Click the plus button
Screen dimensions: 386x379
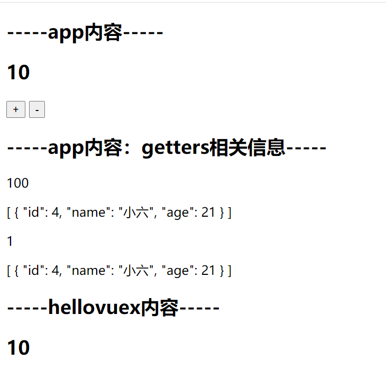coord(16,109)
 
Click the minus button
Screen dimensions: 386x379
coord(37,109)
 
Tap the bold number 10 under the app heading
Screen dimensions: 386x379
coord(18,72)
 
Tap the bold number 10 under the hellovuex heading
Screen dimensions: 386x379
coord(18,348)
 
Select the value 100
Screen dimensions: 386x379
coord(18,183)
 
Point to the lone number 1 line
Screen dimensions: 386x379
coord(10,242)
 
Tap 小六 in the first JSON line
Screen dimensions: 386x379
coord(134,212)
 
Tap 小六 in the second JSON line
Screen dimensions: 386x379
coord(134,271)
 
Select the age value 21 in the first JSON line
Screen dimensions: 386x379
coord(208,212)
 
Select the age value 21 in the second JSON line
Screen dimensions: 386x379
coord(208,271)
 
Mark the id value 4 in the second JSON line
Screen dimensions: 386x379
coord(56,271)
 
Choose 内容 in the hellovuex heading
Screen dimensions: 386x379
coord(159,307)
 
